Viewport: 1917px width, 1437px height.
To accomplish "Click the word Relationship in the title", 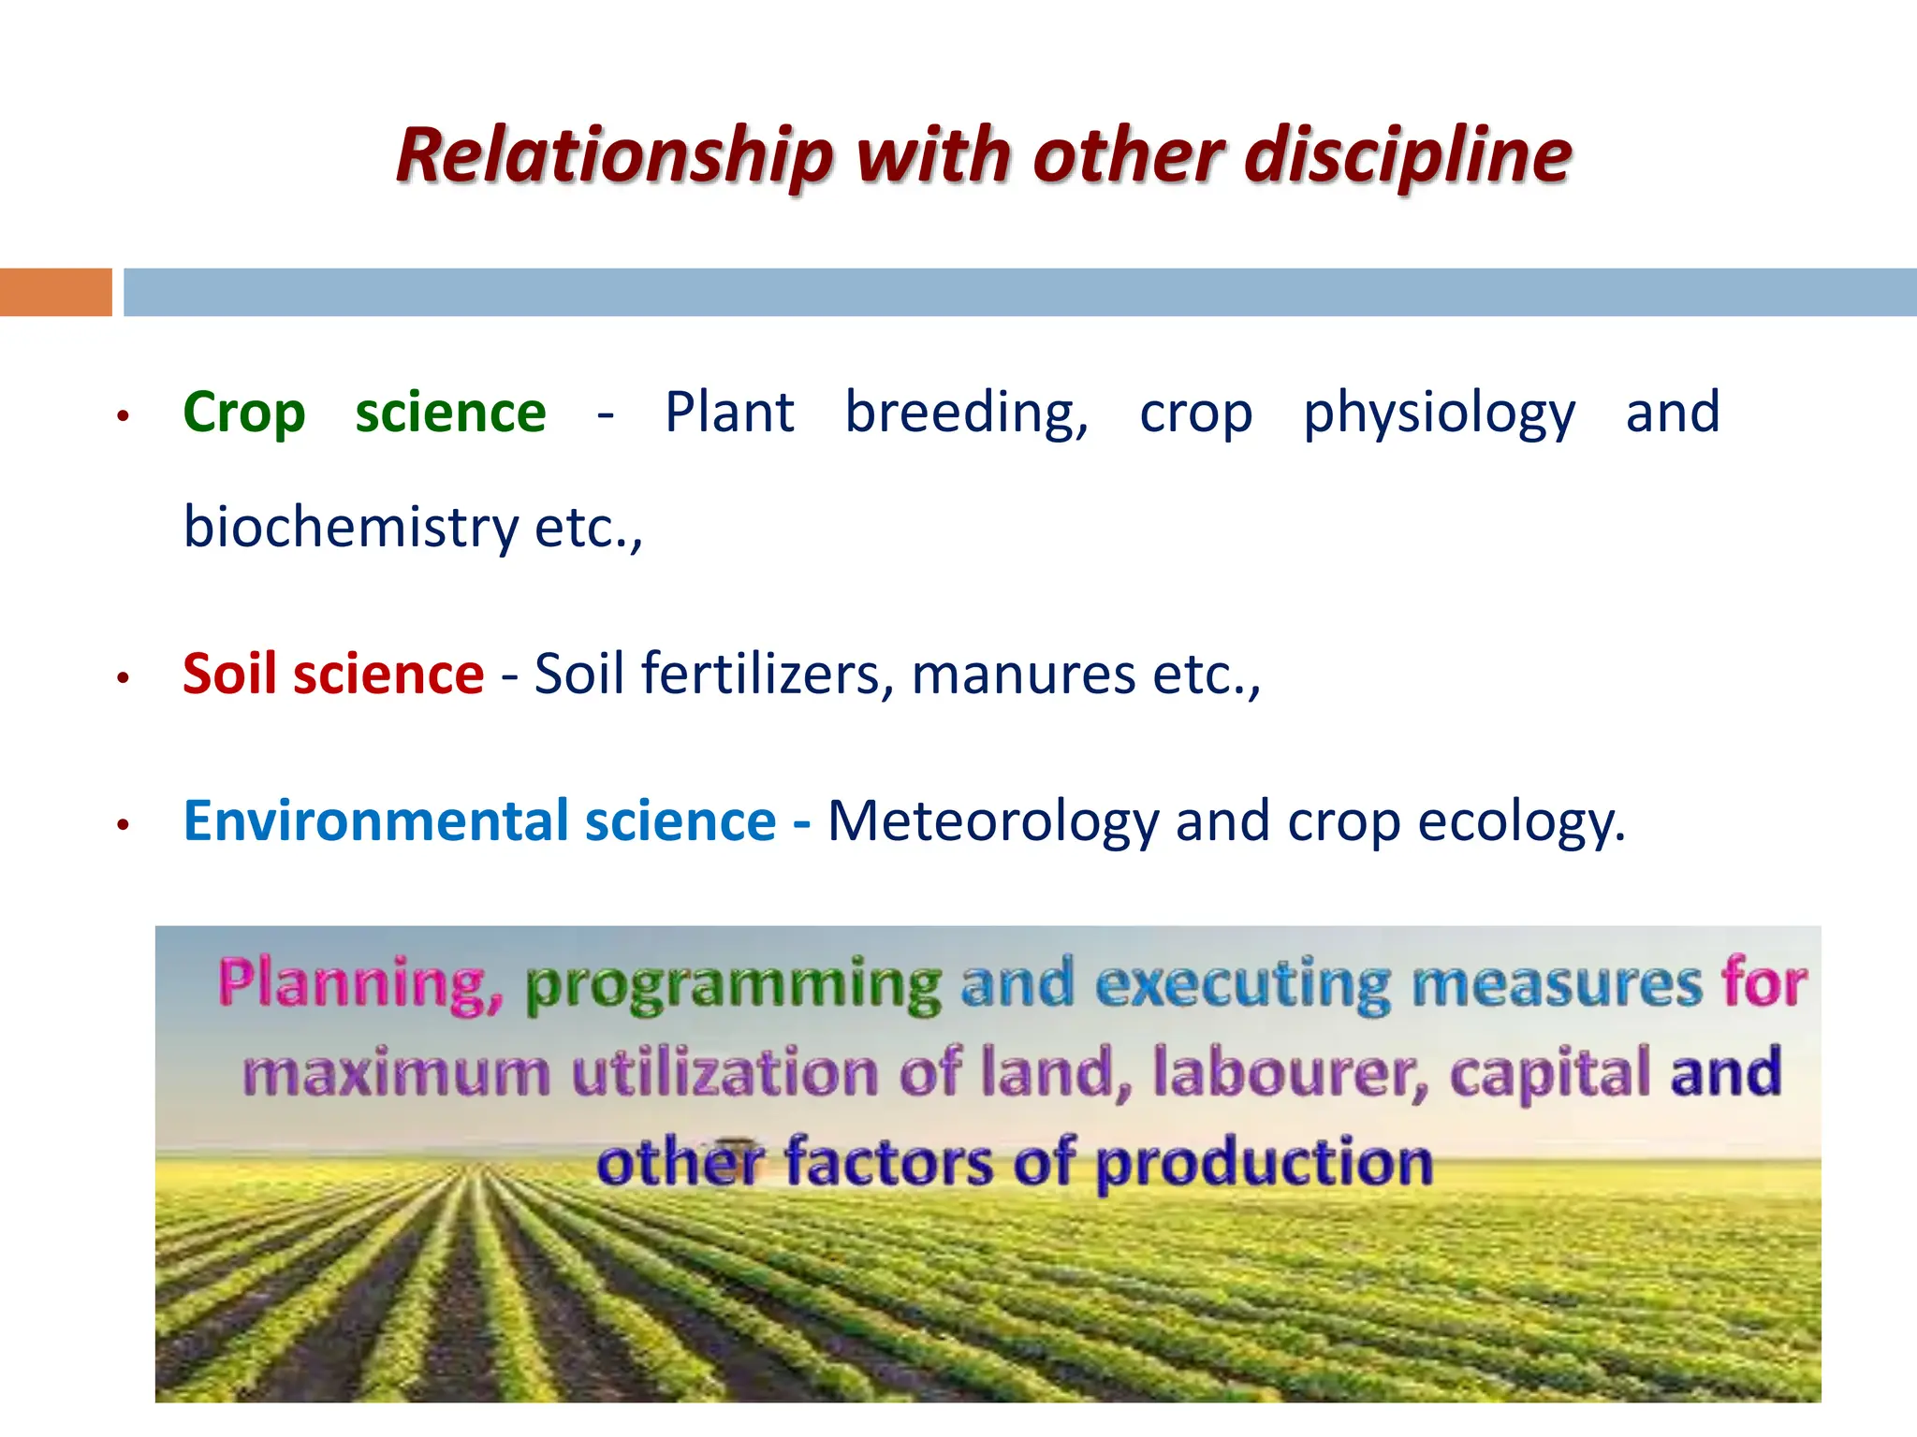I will (x=613, y=155).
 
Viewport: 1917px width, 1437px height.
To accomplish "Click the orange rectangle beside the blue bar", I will (x=55, y=292).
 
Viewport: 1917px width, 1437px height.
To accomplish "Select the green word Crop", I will (x=244, y=414).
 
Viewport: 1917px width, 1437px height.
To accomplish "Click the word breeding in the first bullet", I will (x=966, y=414).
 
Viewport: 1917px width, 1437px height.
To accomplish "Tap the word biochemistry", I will (x=350, y=527).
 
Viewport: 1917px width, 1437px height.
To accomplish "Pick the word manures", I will (x=1023, y=675).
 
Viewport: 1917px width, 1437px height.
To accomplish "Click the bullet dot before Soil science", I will (x=122, y=677).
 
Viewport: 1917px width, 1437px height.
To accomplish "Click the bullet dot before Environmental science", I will (x=122, y=825).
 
